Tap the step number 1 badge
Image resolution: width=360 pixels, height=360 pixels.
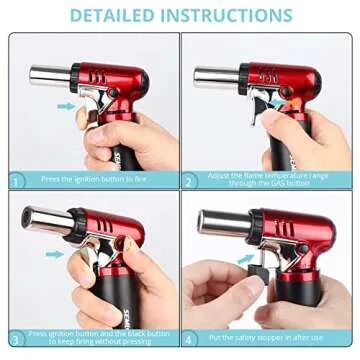click(16, 180)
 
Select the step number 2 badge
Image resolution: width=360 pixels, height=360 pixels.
click(188, 180)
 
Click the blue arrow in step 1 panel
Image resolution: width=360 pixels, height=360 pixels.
click(65, 105)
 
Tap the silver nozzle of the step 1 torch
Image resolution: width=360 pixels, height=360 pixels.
click(47, 75)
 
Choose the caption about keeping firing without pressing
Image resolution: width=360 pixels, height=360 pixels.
click(95, 338)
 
